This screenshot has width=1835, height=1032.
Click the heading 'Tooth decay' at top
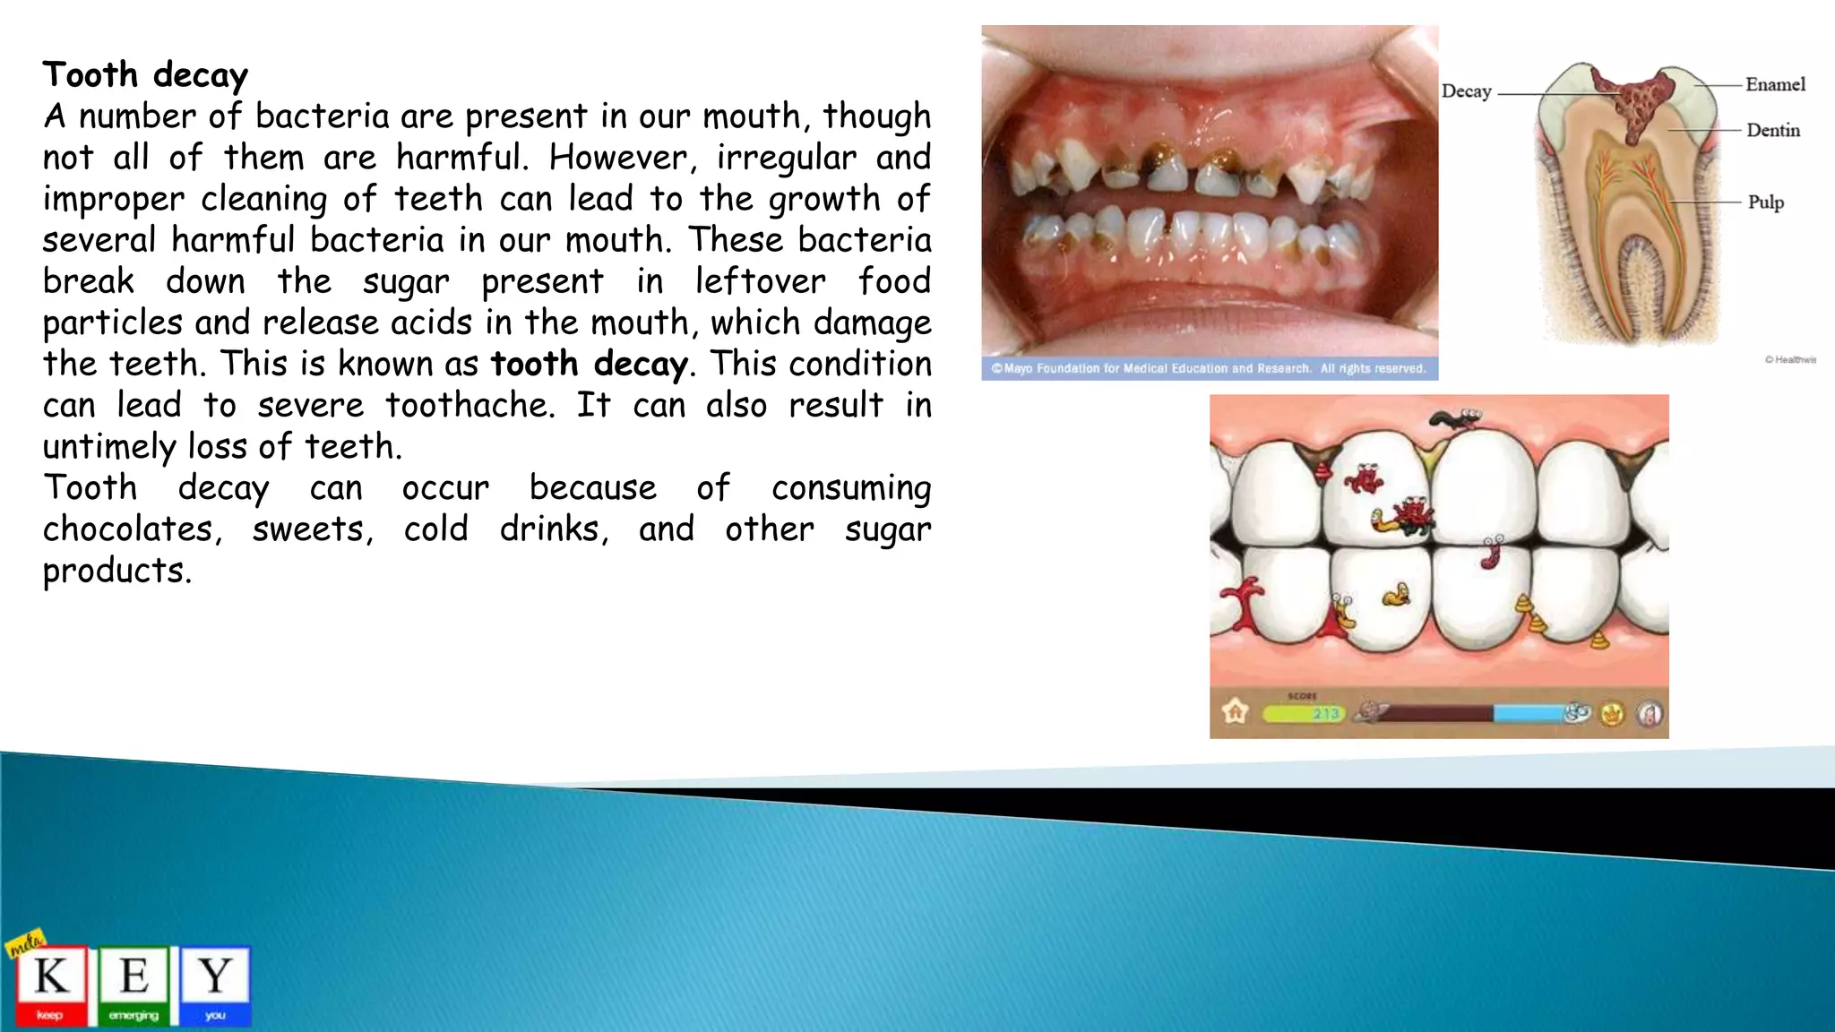[x=145, y=75]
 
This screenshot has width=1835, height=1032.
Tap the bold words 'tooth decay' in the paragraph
[x=589, y=364]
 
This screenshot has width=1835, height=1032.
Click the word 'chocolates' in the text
[x=128, y=529]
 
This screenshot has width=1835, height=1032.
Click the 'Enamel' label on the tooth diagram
[x=1775, y=84]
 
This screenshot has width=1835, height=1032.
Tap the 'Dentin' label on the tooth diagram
[x=1772, y=130]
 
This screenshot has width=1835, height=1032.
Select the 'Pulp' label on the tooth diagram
[x=1765, y=202]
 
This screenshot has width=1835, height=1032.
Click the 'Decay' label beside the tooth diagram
[x=1466, y=91]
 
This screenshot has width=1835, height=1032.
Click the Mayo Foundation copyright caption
[x=1209, y=368]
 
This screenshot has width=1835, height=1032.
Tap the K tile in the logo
[x=51, y=983]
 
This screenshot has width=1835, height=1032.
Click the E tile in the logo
[x=134, y=983]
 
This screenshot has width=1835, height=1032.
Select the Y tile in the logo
[x=215, y=983]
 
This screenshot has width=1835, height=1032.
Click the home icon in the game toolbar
[x=1236, y=712]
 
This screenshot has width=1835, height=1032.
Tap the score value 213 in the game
[x=1326, y=714]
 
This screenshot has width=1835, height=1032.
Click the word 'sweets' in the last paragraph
[x=310, y=529]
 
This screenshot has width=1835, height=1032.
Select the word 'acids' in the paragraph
[x=431, y=322]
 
